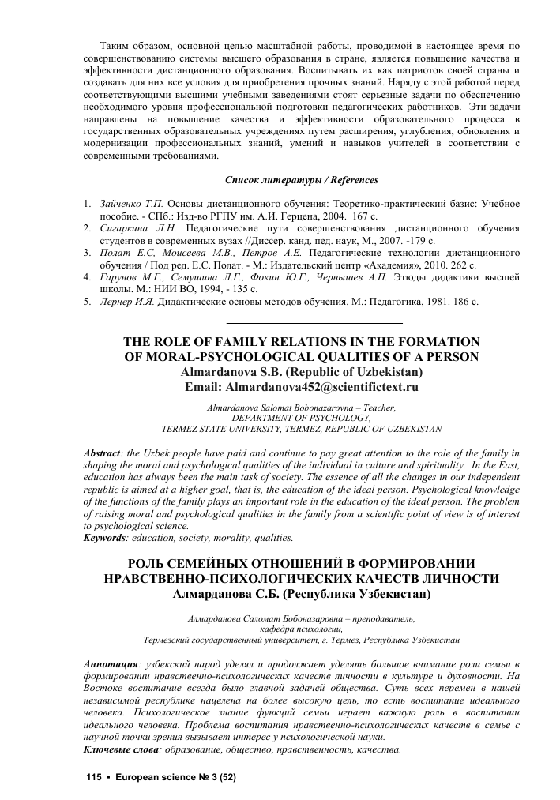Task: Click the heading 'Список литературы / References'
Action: pyautogui.click(x=302, y=180)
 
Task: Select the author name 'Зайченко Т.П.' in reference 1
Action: pyautogui.click(x=130, y=204)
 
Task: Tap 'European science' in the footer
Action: pyautogui.click(x=154, y=778)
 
